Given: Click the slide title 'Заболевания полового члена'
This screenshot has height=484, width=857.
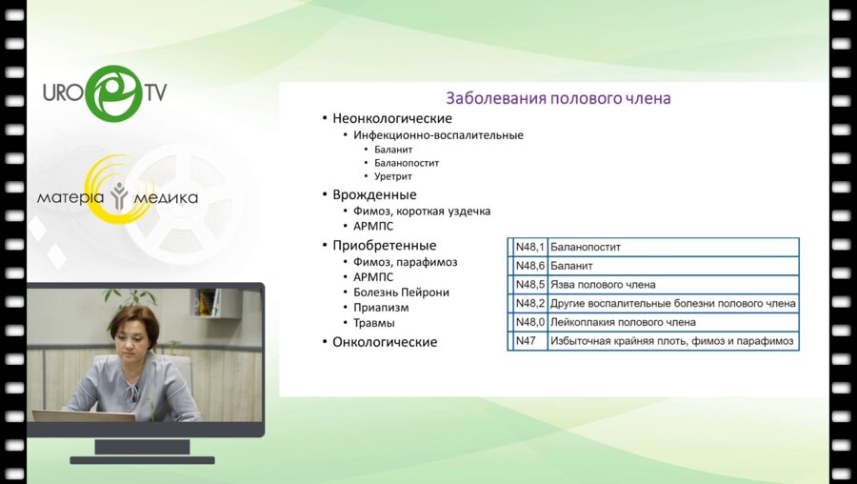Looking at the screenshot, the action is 558,98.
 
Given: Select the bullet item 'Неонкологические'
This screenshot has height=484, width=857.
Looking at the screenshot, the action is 392,118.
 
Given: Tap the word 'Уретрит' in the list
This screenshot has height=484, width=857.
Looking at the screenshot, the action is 393,176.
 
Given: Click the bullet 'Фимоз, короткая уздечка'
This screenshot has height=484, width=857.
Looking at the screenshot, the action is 422,212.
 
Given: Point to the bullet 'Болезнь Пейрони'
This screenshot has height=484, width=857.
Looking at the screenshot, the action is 401,292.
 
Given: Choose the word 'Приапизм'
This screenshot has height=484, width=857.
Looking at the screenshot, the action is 381,308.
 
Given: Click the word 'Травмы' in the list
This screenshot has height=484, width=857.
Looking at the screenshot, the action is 374,323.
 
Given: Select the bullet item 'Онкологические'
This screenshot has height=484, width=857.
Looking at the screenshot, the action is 385,342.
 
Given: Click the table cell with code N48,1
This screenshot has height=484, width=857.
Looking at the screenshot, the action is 529,247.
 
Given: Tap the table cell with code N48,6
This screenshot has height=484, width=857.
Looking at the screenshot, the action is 529,266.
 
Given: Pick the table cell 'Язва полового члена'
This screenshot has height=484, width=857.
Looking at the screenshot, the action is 603,284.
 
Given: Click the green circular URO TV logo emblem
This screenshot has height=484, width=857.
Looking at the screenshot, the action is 114,93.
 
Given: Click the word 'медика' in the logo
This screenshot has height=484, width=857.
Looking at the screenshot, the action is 166,198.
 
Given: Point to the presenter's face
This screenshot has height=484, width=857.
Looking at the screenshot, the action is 134,343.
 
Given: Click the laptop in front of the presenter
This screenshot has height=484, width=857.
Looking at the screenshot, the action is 83,416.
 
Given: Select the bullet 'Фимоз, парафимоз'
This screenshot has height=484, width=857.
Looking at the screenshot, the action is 405,262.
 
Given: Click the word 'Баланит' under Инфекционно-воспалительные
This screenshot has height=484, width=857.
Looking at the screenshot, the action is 393,150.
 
